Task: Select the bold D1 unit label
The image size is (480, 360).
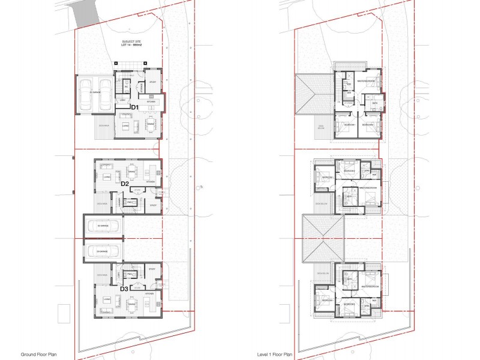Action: point(135,107)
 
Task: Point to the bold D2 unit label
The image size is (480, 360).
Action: point(125,184)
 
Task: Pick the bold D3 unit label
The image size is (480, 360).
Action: point(124,289)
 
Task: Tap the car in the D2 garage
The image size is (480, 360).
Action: point(103,226)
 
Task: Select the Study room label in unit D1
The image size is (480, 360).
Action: point(152,82)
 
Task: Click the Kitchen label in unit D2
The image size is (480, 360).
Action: point(150,181)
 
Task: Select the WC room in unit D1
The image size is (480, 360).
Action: point(127,87)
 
